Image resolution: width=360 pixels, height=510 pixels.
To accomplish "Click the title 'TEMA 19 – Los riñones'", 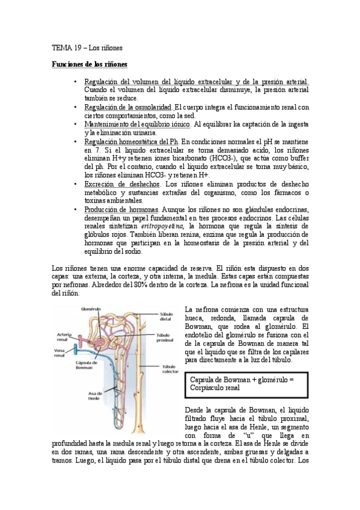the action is (x=87, y=47).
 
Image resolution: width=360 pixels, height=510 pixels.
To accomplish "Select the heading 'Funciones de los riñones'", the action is (x=89, y=64).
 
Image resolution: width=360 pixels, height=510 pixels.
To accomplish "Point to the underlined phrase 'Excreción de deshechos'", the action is (x=122, y=183).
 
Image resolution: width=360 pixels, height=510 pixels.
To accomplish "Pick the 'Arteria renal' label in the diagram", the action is (x=64, y=337).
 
